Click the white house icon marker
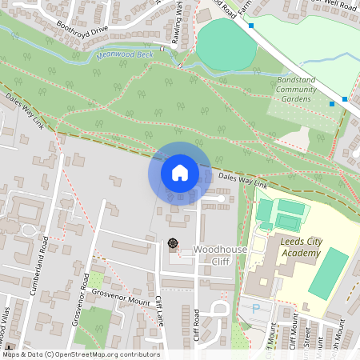tap(179, 172)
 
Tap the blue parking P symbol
tap(255, 308)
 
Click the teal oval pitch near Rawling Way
tap(227, 45)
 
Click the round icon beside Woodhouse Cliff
tap(172, 243)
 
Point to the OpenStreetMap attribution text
tap(80, 354)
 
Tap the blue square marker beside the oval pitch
tap(251, 26)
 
